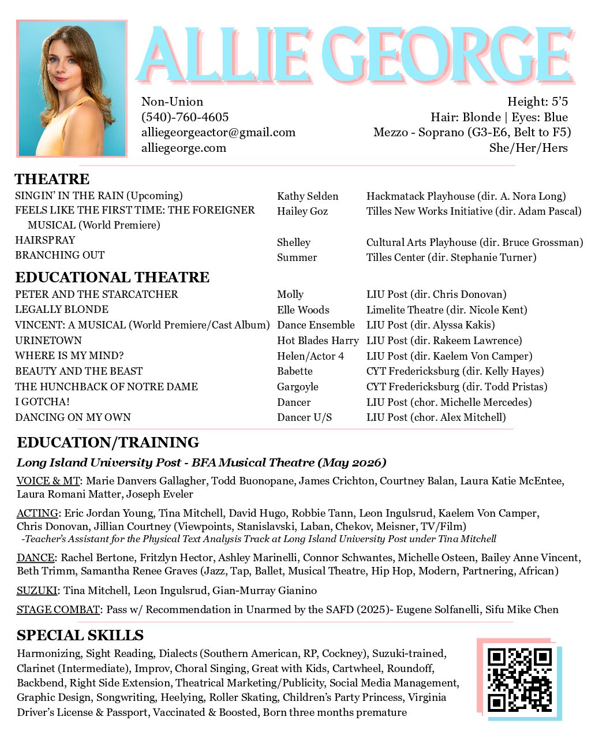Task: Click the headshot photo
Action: tap(72, 89)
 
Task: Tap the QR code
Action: tap(519, 679)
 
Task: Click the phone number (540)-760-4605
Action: tap(185, 117)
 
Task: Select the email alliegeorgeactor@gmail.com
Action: tap(218, 133)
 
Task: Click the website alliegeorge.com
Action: tap(184, 148)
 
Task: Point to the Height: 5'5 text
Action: tap(537, 102)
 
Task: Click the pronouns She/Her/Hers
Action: tap(528, 148)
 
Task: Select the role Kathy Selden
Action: tap(308, 196)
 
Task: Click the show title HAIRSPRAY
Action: tap(45, 240)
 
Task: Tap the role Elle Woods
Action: tap(303, 310)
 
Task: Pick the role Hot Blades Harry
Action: tap(317, 341)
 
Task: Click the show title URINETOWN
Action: tap(48, 341)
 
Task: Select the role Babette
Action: tap(294, 371)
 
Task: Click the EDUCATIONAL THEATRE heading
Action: tap(112, 277)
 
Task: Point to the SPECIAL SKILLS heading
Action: tap(80, 636)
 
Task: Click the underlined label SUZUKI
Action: tap(37, 591)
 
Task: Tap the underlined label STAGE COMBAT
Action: tap(58, 610)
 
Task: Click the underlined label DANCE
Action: tap(35, 558)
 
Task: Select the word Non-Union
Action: tap(172, 102)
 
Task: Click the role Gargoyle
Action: tap(297, 387)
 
